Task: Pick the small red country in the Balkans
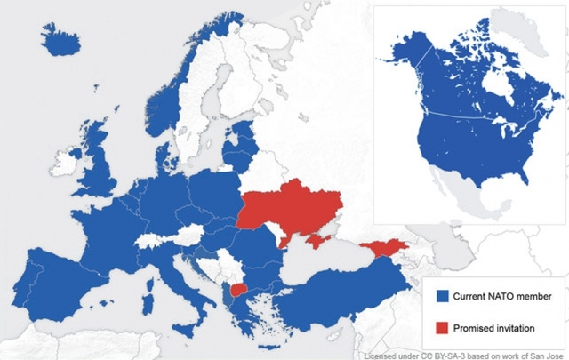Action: click(x=238, y=290)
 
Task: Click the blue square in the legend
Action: click(x=439, y=295)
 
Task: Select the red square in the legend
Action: click(x=439, y=327)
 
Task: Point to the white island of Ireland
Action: click(x=63, y=164)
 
